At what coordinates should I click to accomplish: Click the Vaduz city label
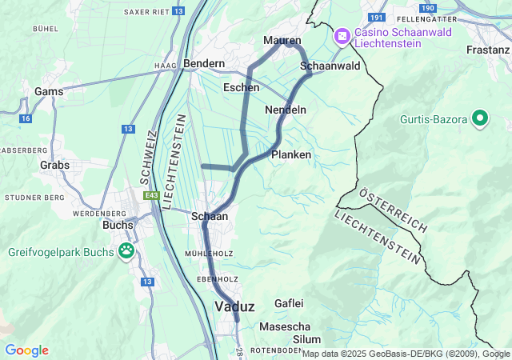234,307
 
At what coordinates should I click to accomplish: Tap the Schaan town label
210,216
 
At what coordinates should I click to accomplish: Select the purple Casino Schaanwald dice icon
342,37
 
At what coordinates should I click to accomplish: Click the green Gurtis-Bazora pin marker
480,119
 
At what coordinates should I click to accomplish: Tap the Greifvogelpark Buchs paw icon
126,252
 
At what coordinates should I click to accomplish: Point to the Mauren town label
282,40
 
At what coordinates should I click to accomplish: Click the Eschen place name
241,87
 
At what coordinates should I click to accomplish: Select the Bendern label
204,62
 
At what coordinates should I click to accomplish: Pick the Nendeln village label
286,109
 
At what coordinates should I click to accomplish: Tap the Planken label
291,154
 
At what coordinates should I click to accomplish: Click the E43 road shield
152,195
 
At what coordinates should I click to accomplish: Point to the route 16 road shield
26,118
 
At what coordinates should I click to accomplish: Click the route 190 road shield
428,8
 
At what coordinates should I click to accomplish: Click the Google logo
26,350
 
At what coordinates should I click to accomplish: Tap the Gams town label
49,91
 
